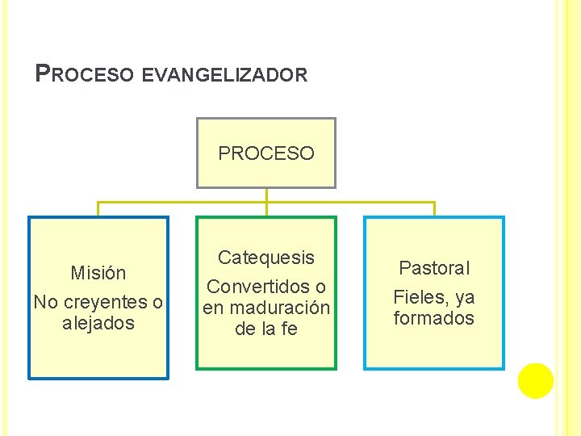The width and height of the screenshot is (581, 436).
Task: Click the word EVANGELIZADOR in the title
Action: [224, 75]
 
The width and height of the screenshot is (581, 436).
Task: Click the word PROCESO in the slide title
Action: [87, 75]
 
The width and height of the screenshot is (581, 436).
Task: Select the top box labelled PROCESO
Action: [266, 153]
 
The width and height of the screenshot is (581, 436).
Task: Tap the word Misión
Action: [98, 273]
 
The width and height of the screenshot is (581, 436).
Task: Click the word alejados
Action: [98, 324]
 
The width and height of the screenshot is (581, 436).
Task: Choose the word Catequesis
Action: [266, 258]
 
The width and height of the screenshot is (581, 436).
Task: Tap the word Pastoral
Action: [434, 268]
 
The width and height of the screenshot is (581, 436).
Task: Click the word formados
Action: [434, 318]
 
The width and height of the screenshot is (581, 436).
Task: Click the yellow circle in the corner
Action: [535, 380]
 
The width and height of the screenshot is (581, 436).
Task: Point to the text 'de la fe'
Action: [266, 329]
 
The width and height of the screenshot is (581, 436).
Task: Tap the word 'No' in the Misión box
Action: [44, 303]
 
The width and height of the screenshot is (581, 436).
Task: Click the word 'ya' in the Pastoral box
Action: [465, 297]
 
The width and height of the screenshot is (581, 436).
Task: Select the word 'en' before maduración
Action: [213, 308]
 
